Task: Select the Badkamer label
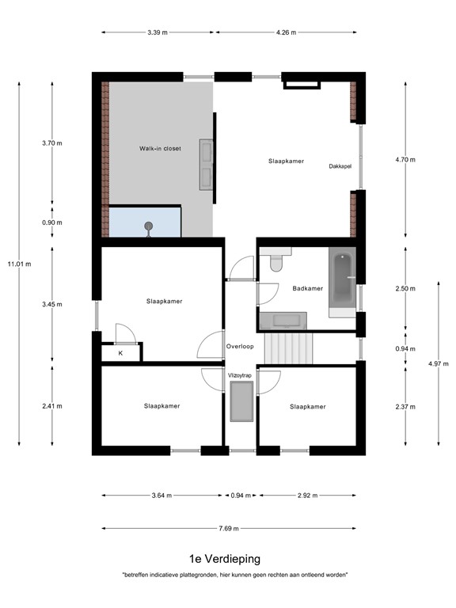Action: (307, 288)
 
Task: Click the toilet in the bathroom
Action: (275, 262)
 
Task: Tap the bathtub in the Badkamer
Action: (342, 281)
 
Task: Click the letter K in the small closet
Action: (120, 353)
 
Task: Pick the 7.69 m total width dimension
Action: (230, 529)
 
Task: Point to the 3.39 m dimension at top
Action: (158, 32)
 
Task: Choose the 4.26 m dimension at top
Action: (286, 32)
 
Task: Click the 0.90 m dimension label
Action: (51, 222)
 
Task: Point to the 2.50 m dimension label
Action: (405, 289)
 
